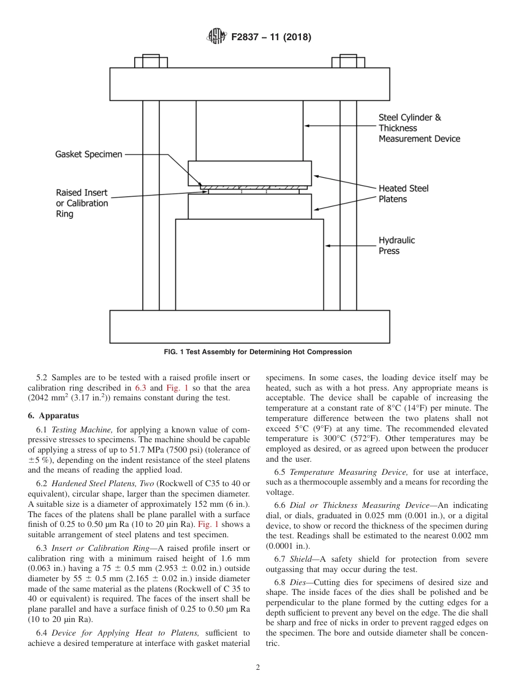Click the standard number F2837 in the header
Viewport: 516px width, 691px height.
pos(248,37)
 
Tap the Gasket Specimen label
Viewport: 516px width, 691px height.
pos(89,154)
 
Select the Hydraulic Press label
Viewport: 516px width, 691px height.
pos(397,246)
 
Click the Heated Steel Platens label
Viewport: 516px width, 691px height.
pos(403,193)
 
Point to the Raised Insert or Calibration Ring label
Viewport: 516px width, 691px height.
pos(82,203)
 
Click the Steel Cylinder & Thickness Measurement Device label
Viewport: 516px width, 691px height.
pos(418,128)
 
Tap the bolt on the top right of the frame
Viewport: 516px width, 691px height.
pos(348,61)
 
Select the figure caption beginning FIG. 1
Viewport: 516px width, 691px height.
pos(257,352)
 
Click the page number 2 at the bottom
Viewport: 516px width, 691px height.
pos(257,668)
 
